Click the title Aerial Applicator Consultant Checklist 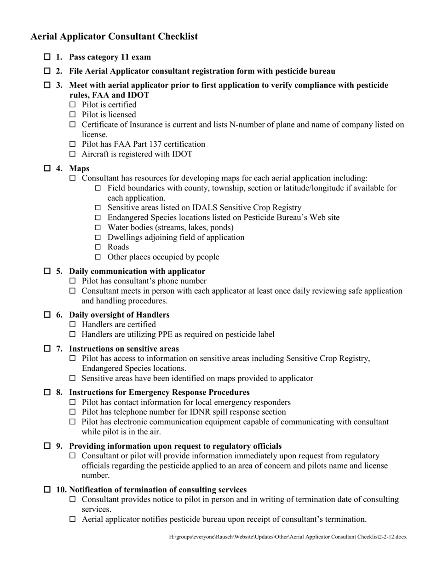pos(114,36)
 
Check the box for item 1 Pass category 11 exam pos(47,57)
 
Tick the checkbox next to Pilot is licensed pos(72,115)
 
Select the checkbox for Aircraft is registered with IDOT pos(72,154)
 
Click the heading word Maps pos(79,168)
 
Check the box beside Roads pos(98,247)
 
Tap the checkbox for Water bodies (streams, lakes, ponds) pos(98,227)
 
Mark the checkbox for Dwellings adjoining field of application pos(98,237)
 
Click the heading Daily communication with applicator pos(137,271)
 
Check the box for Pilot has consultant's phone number pos(72,281)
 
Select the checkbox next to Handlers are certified pos(72,324)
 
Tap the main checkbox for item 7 pos(47,348)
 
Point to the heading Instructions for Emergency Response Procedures pos(159,392)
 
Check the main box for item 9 pos(47,446)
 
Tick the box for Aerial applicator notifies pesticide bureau pos(72,519)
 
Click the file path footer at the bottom pos(287,537)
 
